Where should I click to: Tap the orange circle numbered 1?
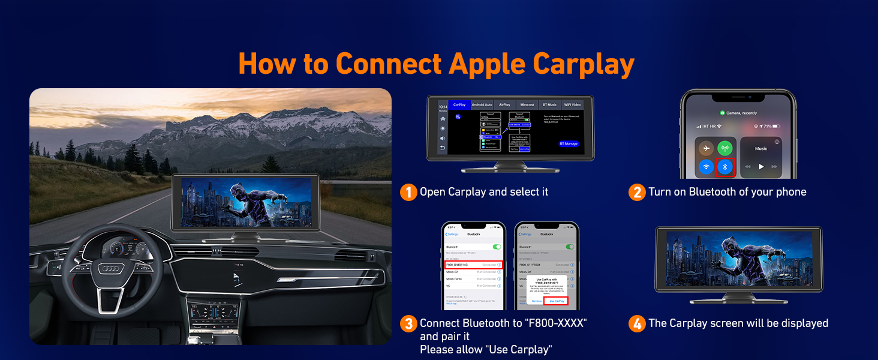[408, 192]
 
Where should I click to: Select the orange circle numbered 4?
[637, 323]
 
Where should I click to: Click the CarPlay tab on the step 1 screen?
[459, 105]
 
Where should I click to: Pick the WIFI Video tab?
[572, 105]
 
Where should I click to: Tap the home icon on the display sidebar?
[443, 118]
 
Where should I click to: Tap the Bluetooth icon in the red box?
[725, 167]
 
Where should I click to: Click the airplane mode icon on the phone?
[707, 148]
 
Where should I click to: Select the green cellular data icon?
[725, 148]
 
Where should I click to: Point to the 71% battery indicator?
[769, 126]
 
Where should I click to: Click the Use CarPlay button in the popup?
[557, 301]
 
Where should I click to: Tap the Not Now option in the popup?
[536, 301]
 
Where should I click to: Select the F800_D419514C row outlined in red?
[473, 264]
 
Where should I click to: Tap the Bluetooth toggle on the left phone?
[496, 247]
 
